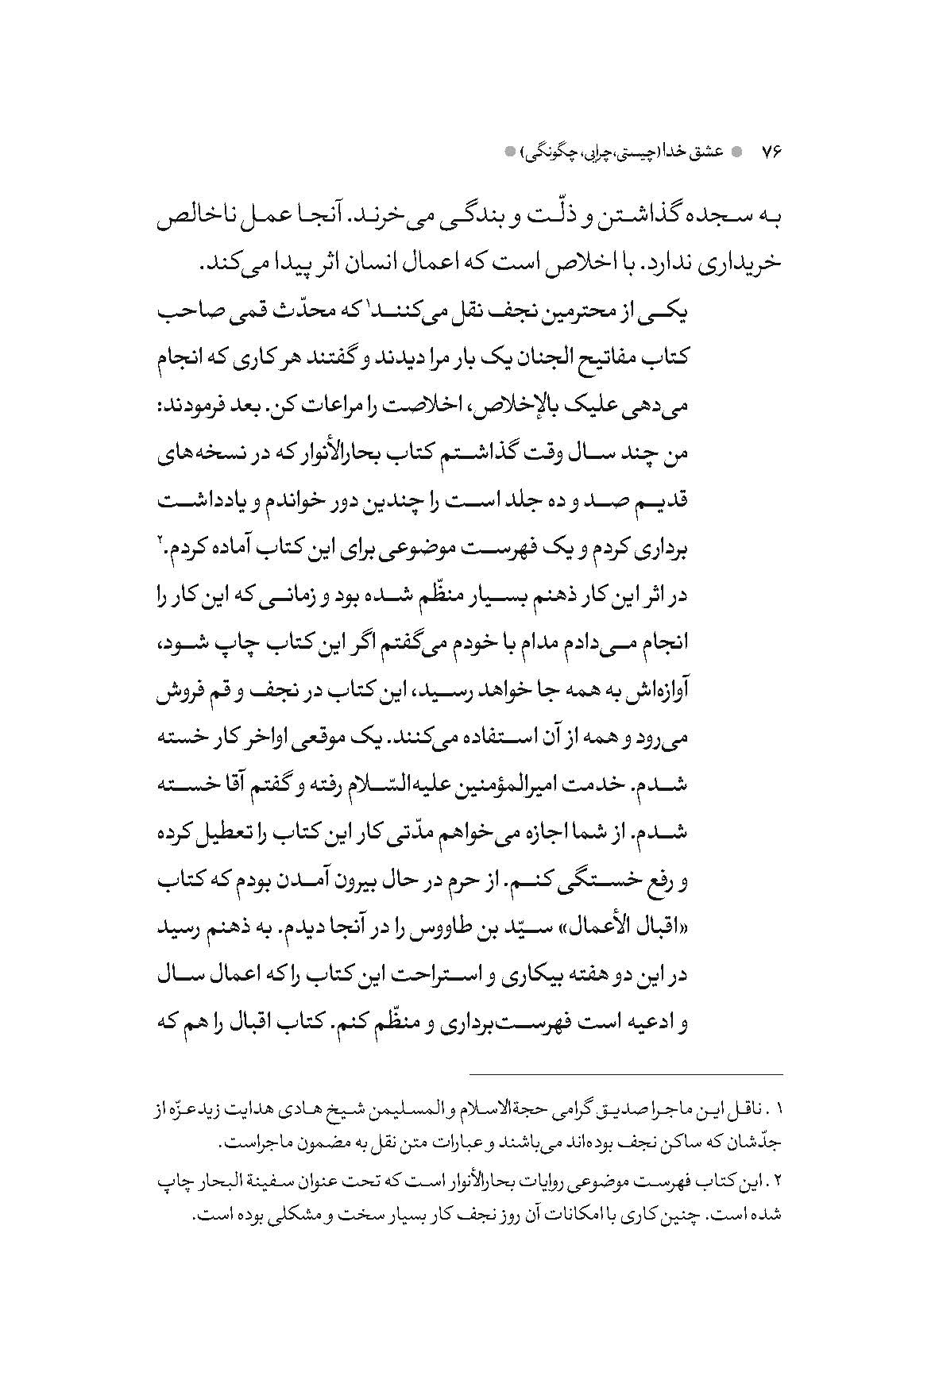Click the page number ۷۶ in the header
pos(771,151)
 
